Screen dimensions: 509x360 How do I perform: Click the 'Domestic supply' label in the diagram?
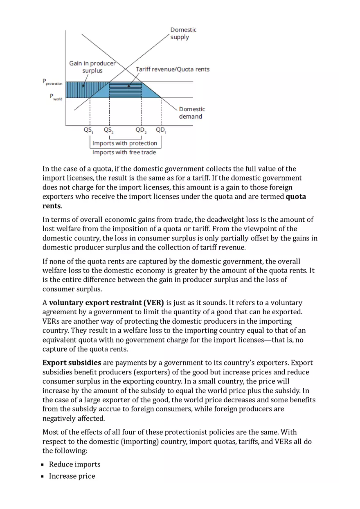(x=183, y=34)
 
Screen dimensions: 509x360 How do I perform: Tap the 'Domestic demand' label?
(x=191, y=113)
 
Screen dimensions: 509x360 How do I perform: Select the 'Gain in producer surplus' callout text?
(x=92, y=67)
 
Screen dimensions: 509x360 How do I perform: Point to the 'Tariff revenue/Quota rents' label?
(x=172, y=69)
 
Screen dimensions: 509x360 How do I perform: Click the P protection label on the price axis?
(x=53, y=82)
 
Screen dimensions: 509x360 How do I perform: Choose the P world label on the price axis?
(x=56, y=97)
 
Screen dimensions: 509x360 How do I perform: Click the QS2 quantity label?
(x=109, y=131)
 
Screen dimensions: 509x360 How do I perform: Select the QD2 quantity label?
(x=141, y=131)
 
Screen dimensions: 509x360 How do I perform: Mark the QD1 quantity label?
(x=161, y=131)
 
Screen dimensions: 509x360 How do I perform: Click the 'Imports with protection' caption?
(x=125, y=143)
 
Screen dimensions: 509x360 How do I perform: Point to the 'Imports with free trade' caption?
(x=124, y=152)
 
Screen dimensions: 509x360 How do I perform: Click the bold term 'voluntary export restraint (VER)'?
(x=106, y=303)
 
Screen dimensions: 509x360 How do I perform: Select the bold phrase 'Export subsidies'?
(x=72, y=363)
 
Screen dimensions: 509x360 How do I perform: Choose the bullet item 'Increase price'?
(x=72, y=476)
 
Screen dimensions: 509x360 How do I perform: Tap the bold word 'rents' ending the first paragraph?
(x=52, y=206)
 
